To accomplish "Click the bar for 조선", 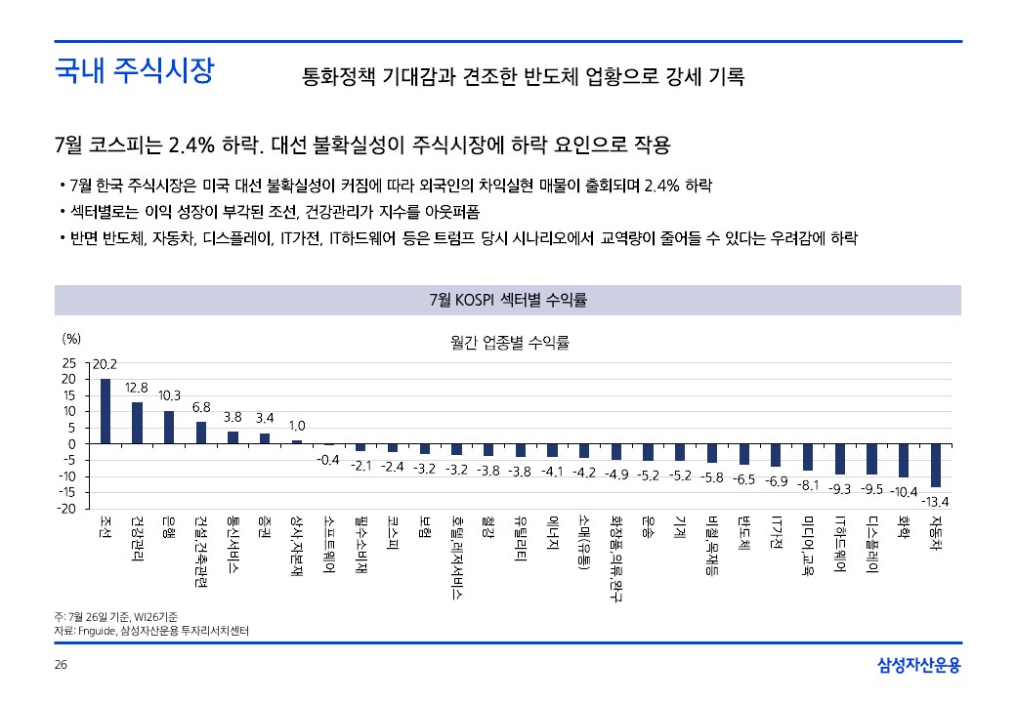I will click(x=106, y=411).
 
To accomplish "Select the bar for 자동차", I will click(x=936, y=465).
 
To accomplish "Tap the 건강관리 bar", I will click(x=138, y=423).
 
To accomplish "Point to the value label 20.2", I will click(x=105, y=364).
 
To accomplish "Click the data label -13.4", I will click(x=936, y=502).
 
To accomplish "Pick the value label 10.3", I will click(x=169, y=395).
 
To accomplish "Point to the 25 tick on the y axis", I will click(x=68, y=362).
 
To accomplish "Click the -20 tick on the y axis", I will click(x=66, y=509).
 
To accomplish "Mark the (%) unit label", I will click(x=71, y=339).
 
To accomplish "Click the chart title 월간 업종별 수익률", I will click(x=509, y=343).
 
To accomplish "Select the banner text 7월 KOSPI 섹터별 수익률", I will click(x=508, y=300).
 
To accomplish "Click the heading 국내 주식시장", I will click(x=133, y=71).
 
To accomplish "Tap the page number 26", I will click(x=61, y=666).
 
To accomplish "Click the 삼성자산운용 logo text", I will click(x=918, y=666).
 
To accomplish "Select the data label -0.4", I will click(x=329, y=460).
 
